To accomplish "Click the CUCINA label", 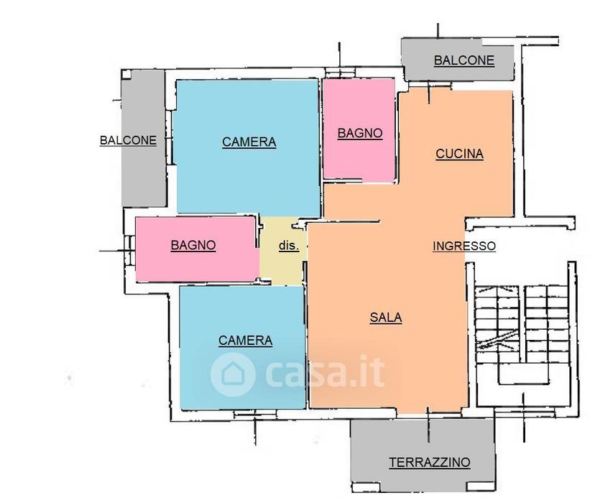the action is (x=459, y=154).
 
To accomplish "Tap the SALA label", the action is (x=386, y=317).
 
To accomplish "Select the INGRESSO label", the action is (x=464, y=246).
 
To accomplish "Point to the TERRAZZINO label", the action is (x=430, y=463).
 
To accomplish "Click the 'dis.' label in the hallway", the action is (x=289, y=246).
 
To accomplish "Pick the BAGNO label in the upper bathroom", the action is (x=360, y=133).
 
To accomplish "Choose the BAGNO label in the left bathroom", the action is (x=193, y=245).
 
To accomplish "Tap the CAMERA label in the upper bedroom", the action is (x=249, y=142).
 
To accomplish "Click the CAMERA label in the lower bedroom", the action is (x=245, y=341).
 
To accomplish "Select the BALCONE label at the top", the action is (x=464, y=60).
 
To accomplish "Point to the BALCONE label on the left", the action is (x=128, y=140).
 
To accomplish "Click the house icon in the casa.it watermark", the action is (x=232, y=374).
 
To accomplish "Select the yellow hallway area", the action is (x=282, y=250).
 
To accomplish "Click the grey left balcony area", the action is (x=144, y=138).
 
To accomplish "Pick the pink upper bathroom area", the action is (x=359, y=129).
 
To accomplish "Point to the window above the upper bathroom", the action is (x=340, y=72).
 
